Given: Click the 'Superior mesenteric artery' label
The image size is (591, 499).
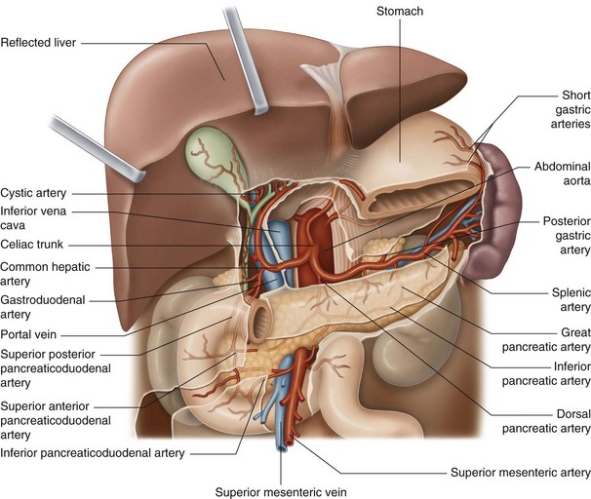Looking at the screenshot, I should [x=519, y=473].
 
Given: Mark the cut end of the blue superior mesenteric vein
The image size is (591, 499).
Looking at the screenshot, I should [x=282, y=445].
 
